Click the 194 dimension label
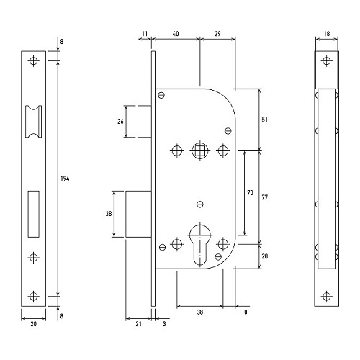65,179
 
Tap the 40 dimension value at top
176,34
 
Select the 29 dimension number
217,34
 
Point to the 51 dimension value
264,120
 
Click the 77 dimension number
264,197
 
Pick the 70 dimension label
250,193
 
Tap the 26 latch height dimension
120,122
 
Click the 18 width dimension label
327,34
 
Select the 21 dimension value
138,324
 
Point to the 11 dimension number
145,34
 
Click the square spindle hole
199,151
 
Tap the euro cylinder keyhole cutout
200,243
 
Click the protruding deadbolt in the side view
138,214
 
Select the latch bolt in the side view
145,122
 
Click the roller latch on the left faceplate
33,122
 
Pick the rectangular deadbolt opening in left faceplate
33,214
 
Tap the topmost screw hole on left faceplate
33,60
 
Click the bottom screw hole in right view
326,297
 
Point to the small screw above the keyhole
200,204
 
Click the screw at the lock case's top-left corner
161,95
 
